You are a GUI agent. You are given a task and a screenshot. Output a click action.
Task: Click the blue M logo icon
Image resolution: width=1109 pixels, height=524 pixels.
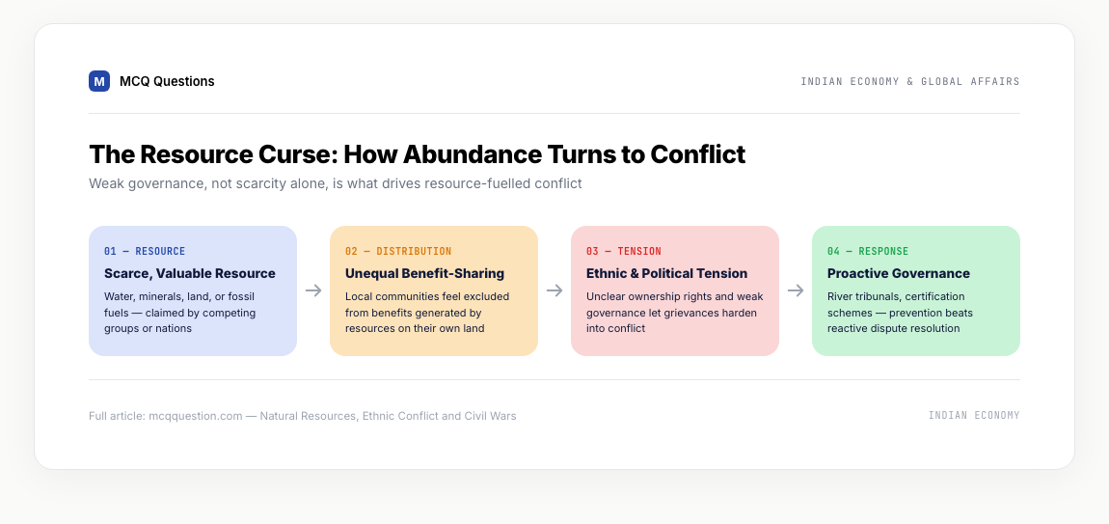point(99,81)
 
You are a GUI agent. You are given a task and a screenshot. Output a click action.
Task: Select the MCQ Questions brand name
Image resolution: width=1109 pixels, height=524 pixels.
point(167,81)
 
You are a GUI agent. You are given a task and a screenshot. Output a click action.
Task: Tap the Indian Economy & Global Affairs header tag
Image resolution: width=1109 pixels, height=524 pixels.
point(910,81)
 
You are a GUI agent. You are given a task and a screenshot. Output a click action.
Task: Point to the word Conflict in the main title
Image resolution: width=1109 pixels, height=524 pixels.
point(697,154)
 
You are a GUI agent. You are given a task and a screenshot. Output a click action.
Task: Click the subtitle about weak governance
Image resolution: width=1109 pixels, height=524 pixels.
point(336,183)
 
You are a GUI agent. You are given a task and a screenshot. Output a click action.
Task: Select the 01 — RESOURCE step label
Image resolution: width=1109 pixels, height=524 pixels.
point(145,251)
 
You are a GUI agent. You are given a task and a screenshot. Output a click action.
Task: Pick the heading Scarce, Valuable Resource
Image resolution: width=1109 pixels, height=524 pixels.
point(190,273)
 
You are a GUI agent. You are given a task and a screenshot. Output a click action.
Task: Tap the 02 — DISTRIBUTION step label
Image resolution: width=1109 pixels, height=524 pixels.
point(398,251)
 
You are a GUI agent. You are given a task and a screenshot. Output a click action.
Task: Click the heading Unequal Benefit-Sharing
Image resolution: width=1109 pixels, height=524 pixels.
point(424,273)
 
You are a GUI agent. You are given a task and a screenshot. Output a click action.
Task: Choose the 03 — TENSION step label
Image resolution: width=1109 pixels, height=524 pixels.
point(624,251)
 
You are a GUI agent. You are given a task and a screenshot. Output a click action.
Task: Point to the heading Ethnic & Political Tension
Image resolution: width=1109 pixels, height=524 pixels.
point(667,273)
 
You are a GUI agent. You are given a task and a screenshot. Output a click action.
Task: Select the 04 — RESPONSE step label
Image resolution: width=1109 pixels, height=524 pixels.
point(868,251)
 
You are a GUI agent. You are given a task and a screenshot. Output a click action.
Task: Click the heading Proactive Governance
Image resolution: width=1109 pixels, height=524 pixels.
point(899,273)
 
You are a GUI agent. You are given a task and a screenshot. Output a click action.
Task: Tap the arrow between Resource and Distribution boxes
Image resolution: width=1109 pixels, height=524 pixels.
point(313,290)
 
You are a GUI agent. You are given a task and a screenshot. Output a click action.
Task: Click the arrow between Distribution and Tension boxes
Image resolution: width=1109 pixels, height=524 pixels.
point(554,290)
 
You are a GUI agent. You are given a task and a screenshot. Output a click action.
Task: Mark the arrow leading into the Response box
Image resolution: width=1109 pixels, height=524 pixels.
point(796,290)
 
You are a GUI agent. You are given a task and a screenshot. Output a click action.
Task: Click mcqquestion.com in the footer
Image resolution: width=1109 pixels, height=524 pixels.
point(195,416)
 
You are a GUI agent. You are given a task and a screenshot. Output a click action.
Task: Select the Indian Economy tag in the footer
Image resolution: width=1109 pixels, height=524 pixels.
point(974,416)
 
